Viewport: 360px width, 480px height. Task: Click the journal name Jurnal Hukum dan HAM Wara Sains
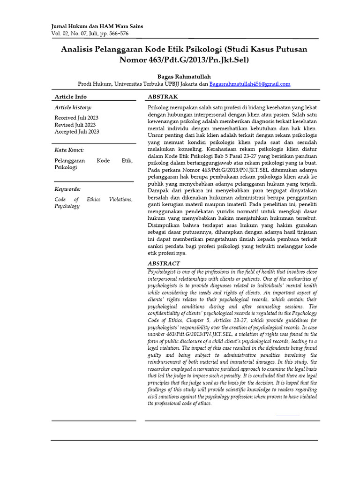tap(97, 26)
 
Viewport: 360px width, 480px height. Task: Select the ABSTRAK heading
tap(163, 97)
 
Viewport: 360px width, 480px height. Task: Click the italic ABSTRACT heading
tap(164, 263)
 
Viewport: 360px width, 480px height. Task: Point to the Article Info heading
tap(71, 97)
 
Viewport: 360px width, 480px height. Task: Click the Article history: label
tap(73, 108)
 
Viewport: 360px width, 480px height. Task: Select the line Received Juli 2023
tap(76, 118)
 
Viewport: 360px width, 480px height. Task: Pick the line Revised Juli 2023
tap(75, 125)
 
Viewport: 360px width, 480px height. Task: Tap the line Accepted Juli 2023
tap(77, 132)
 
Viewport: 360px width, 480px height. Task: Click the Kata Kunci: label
tap(69, 150)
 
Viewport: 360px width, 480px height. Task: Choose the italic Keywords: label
tap(67, 189)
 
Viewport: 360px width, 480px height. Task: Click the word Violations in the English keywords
tap(120, 199)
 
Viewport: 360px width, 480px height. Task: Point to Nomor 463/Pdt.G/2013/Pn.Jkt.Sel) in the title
tap(184, 60)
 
